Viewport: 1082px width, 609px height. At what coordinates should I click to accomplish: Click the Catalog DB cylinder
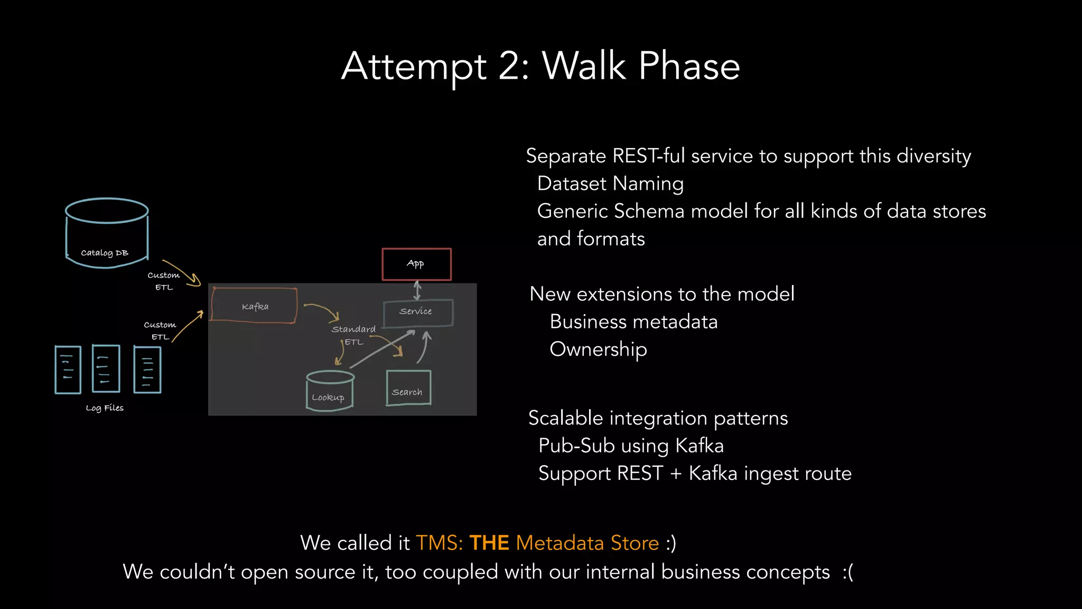106,234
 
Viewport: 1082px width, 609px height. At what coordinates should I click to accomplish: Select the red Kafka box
254,306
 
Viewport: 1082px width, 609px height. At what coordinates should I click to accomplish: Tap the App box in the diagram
416,264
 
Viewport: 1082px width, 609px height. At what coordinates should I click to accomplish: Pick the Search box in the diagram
408,389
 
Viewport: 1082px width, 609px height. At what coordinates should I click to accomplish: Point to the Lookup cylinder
330,392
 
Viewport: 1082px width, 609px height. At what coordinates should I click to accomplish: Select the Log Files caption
105,408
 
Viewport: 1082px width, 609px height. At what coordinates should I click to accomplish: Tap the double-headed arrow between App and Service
417,290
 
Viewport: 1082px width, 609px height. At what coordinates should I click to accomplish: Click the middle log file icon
106,368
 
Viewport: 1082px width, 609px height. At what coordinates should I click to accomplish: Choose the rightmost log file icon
147,370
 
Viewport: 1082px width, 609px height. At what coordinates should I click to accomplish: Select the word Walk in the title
584,67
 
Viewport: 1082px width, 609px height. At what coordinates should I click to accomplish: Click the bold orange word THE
489,543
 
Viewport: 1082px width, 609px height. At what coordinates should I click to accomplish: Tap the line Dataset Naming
610,183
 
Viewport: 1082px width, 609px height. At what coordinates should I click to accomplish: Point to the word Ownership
598,349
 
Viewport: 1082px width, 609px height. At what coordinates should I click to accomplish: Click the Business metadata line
633,322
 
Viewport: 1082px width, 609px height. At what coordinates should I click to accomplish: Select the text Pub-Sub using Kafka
631,446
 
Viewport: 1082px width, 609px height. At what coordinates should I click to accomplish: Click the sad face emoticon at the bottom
847,572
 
